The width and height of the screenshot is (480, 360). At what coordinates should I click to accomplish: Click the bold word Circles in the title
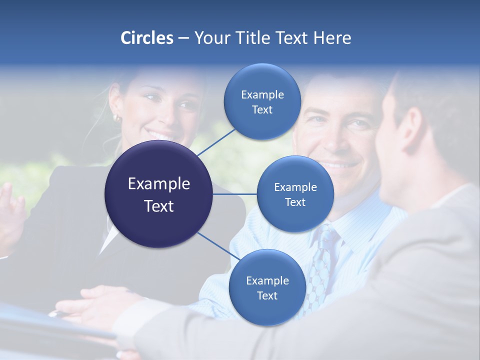point(147,38)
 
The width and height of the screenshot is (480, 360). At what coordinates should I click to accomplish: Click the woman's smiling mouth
point(161,135)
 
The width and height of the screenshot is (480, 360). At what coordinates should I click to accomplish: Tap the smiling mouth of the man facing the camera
point(339,164)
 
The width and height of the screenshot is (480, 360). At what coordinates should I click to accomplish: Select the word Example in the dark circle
point(158,184)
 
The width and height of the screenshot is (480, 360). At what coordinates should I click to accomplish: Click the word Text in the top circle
point(262,110)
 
